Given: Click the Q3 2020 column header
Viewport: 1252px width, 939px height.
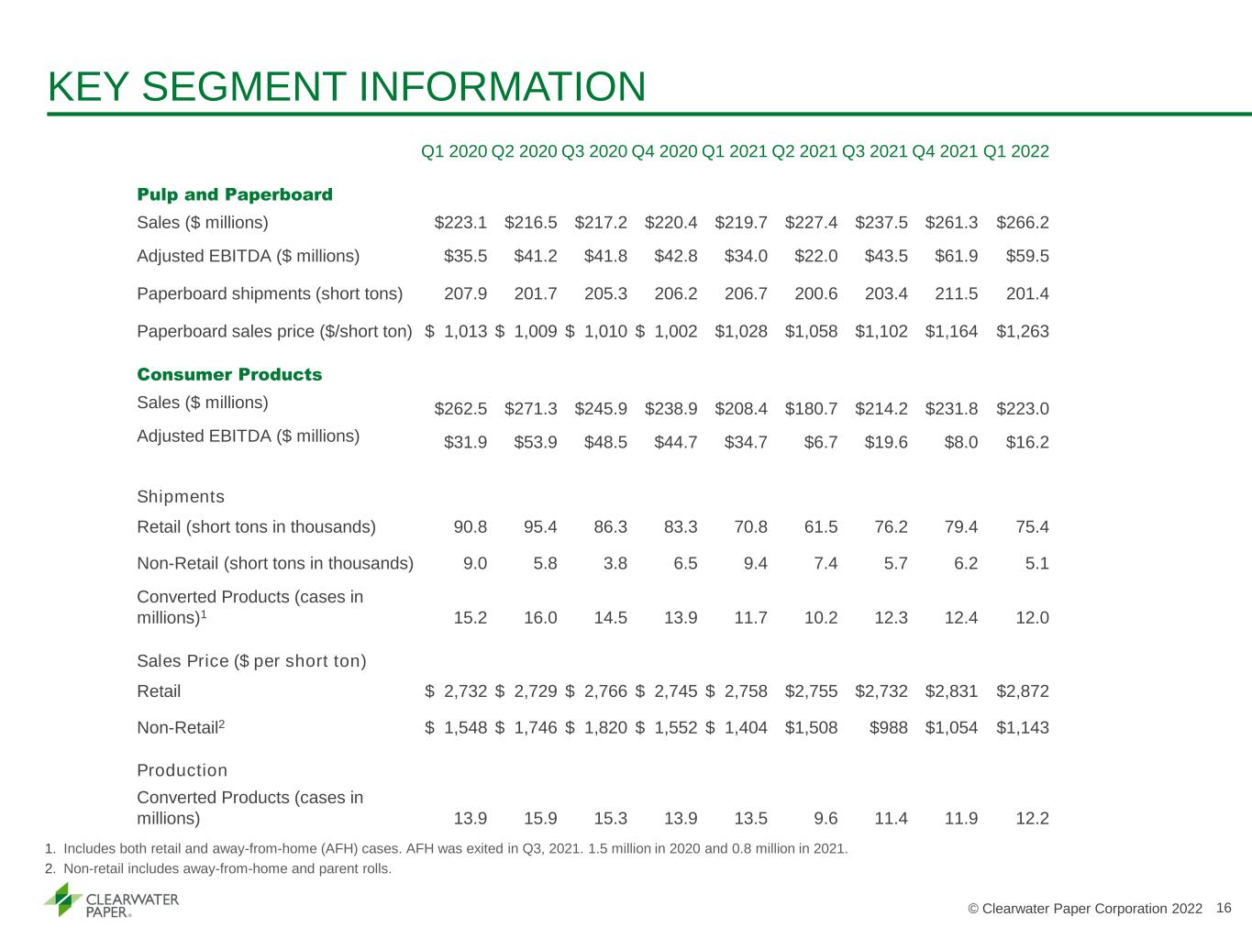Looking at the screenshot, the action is click(593, 151).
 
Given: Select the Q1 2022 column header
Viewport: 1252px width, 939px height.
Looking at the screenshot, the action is click(1016, 151).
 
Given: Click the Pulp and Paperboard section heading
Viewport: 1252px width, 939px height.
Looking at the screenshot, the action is click(235, 194).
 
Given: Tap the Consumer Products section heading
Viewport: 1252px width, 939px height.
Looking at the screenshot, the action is click(229, 374).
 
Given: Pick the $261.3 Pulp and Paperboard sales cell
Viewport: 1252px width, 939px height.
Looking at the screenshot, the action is click(951, 222).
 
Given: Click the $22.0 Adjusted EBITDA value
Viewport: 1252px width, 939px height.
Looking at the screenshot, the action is click(815, 256).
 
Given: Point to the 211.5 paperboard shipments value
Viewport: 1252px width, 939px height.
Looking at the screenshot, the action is click(956, 293).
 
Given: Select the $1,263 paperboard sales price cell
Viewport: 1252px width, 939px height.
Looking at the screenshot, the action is click(1022, 331).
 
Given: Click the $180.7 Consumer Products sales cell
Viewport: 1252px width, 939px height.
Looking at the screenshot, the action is click(811, 409).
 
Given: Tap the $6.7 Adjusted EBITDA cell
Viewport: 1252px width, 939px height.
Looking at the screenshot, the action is click(820, 442).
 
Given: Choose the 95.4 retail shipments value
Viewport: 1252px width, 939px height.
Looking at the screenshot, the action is click(540, 526).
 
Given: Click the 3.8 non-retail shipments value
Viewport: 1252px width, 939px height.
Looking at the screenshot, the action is click(615, 563).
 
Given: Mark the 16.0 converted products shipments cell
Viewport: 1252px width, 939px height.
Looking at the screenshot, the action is click(540, 617).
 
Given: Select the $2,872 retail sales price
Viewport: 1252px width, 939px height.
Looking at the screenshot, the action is click(1022, 691).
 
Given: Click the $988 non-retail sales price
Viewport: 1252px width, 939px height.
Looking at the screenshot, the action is click(888, 727).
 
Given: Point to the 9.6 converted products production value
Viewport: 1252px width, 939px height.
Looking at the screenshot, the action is click(825, 818).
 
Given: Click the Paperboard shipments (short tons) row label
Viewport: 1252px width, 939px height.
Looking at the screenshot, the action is click(270, 293).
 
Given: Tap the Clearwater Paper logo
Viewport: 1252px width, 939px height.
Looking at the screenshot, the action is click(111, 900).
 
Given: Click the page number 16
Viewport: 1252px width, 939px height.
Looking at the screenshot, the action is click(1224, 908).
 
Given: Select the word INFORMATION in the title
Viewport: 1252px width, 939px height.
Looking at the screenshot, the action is click(502, 87).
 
